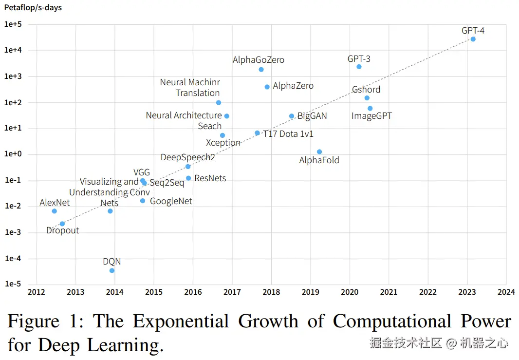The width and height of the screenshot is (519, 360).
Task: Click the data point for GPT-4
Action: (473, 39)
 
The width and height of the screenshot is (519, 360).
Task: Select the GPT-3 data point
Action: (359, 67)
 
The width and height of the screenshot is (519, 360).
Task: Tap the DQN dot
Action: (112, 270)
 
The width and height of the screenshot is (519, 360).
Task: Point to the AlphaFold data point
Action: (319, 152)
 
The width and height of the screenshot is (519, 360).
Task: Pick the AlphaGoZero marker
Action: (261, 70)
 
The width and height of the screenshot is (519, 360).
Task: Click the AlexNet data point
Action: (55, 211)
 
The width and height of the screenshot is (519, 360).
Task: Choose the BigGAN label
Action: (312, 116)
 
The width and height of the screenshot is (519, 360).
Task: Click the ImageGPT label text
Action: (371, 116)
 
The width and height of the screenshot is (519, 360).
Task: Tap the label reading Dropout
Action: (62, 230)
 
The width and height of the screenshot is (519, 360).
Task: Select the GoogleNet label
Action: (171, 201)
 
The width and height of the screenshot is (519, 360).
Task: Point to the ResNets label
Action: (210, 178)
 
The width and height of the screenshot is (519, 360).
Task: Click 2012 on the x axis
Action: (36, 292)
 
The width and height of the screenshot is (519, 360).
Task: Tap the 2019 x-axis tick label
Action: (310, 292)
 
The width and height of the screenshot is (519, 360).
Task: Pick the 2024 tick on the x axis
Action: (506, 292)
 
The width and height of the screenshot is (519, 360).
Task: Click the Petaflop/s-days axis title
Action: (33, 8)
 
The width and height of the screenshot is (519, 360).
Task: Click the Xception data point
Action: (222, 135)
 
